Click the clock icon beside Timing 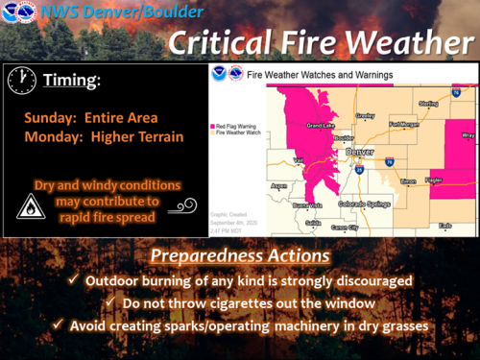click(20, 81)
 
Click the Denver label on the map click(360, 152)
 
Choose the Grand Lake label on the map click(320, 126)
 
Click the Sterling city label click(428, 103)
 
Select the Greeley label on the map click(366, 115)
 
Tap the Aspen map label click(279, 185)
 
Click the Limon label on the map click(408, 180)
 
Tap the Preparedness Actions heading click(239, 257)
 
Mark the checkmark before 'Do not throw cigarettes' click(114, 303)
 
